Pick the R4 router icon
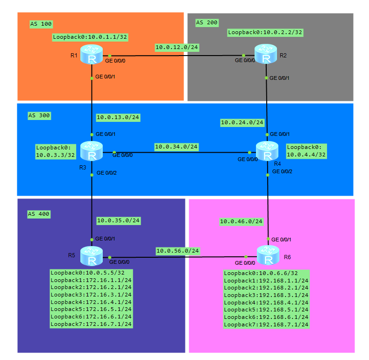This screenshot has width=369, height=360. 267,151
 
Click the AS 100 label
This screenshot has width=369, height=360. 41,24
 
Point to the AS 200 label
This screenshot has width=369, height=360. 207,22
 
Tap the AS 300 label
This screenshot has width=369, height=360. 39,115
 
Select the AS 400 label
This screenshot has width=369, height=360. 39,214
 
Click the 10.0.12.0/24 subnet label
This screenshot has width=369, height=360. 177,47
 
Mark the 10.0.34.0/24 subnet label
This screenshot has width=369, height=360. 177,147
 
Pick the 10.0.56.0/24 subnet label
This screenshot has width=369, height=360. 177,251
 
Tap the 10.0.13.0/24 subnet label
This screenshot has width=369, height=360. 118,117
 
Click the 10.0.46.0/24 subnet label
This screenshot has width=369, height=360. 241,221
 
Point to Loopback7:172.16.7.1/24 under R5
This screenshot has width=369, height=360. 91,324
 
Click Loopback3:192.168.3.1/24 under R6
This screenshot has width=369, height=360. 266,295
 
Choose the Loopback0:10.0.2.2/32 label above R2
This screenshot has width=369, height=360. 265,32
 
